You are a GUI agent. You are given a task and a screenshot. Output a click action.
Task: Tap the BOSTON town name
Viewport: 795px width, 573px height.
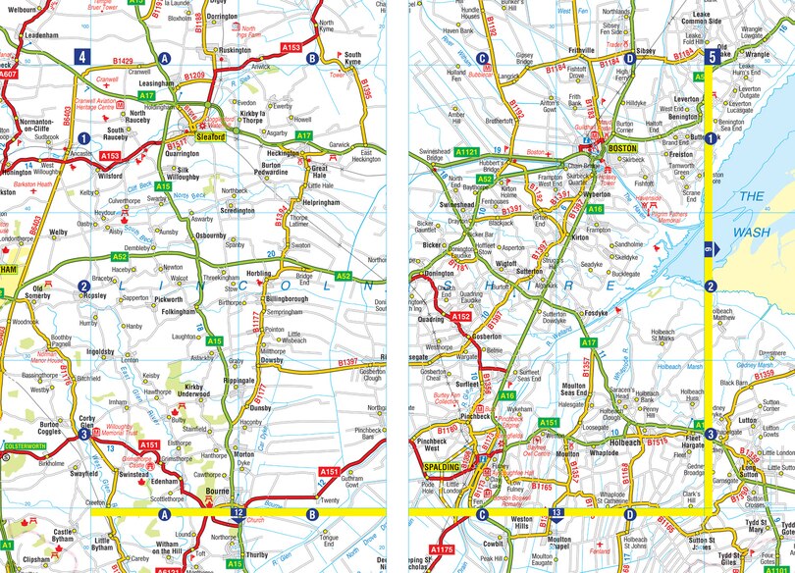pos(616,146)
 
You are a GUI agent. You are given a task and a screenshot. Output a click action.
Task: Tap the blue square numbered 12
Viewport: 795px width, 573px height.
pos(238,513)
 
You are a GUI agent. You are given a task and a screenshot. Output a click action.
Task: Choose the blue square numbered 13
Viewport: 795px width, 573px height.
pos(556,513)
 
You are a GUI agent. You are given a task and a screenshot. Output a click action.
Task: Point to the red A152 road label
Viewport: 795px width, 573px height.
pos(460,316)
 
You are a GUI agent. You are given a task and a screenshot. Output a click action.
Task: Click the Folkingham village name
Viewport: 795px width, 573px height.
pos(179,312)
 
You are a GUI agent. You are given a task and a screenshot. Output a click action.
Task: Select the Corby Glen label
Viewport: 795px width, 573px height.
pos(94,423)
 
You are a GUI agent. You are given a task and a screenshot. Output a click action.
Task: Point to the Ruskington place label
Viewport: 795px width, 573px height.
pos(236,49)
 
